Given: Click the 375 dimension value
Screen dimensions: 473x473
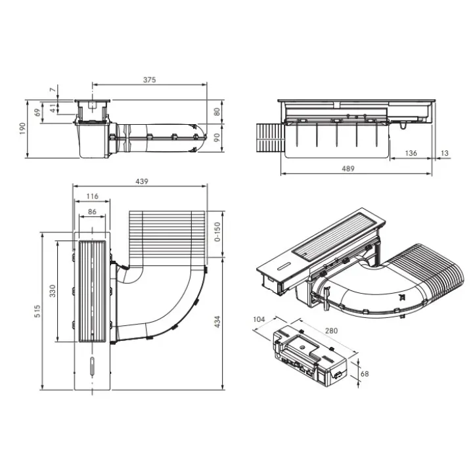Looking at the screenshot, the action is [x=149, y=79].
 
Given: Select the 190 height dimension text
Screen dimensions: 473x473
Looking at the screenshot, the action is [x=22, y=129].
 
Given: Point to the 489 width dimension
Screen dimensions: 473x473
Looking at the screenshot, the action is [x=348, y=169].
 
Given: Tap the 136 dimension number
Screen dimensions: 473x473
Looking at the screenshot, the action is [x=411, y=153].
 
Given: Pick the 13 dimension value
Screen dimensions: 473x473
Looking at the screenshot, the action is [x=445, y=153].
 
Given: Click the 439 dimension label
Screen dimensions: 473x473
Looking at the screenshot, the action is [x=142, y=181].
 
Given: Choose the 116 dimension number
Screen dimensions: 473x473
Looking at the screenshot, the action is [x=93, y=196].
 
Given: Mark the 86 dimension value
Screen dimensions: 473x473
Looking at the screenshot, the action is [x=92, y=212].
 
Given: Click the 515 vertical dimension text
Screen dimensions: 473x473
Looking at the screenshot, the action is [x=37, y=311].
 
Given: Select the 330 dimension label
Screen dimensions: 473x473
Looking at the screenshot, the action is [x=53, y=291].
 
